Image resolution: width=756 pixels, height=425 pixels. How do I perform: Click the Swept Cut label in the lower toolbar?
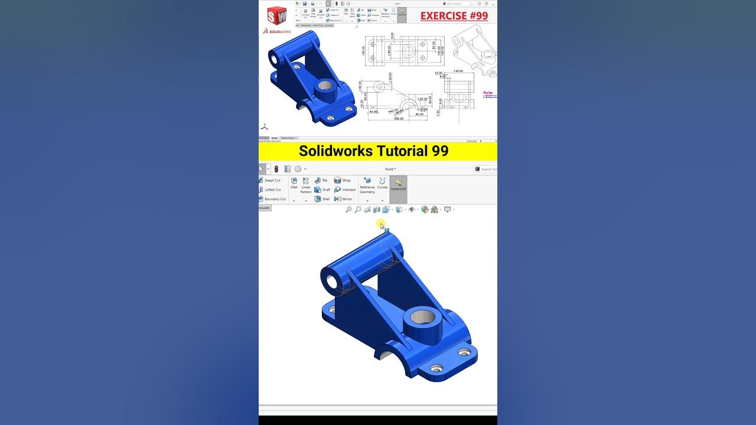coord(272,181)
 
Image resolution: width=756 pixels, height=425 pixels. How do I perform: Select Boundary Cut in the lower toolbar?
coord(275,199)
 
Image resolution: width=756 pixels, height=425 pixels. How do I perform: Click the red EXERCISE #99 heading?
coord(454,16)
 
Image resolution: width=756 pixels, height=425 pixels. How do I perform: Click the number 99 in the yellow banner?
coord(439,151)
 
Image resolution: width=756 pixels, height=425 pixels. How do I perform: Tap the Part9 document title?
coord(390,169)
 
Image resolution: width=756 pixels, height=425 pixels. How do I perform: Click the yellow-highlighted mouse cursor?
coord(382,225)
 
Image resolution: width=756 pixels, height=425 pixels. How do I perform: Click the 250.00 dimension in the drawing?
coord(399,119)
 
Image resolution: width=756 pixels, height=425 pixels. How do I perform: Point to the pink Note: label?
coord(489,93)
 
